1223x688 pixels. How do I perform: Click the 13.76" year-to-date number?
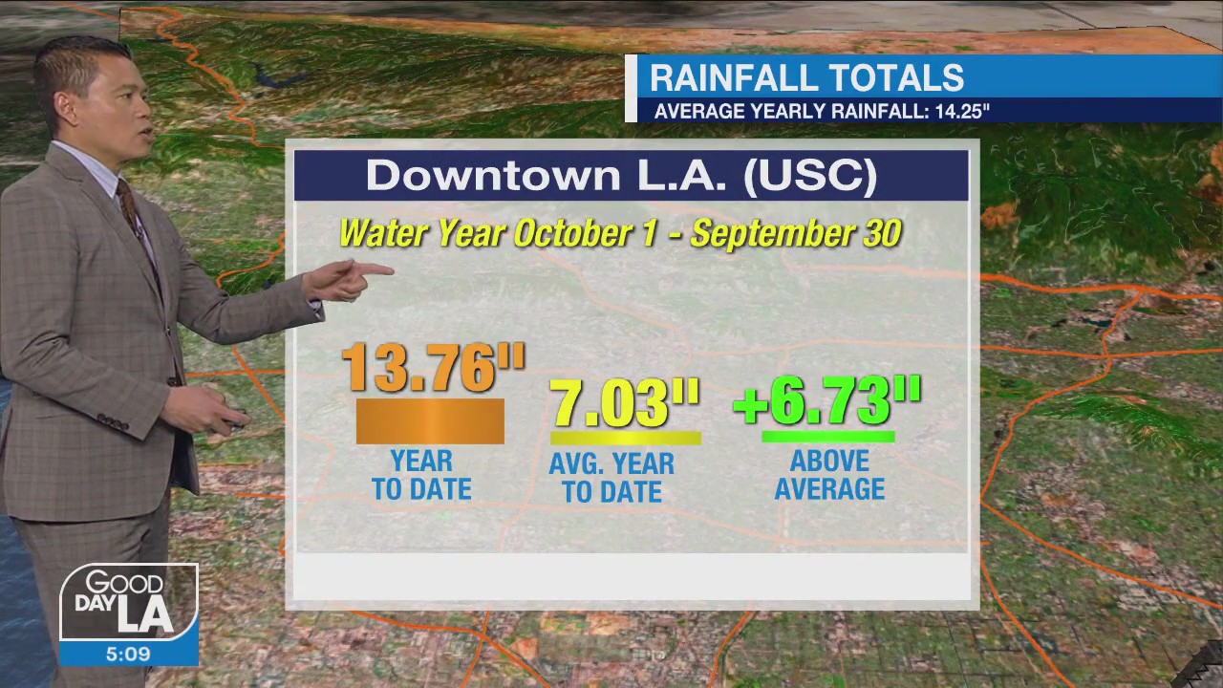[x=432, y=368]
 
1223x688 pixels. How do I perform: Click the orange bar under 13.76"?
[x=430, y=421]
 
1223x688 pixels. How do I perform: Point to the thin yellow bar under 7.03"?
[x=625, y=439]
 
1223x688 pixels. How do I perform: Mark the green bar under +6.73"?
[x=827, y=437]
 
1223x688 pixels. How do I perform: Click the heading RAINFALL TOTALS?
[x=806, y=77]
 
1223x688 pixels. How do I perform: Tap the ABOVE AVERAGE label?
[x=829, y=475]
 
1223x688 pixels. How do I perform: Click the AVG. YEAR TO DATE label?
[x=611, y=478]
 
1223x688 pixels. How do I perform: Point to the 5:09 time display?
[x=128, y=655]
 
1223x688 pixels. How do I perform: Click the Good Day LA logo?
[x=128, y=602]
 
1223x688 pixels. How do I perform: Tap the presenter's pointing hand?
[x=354, y=279]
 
